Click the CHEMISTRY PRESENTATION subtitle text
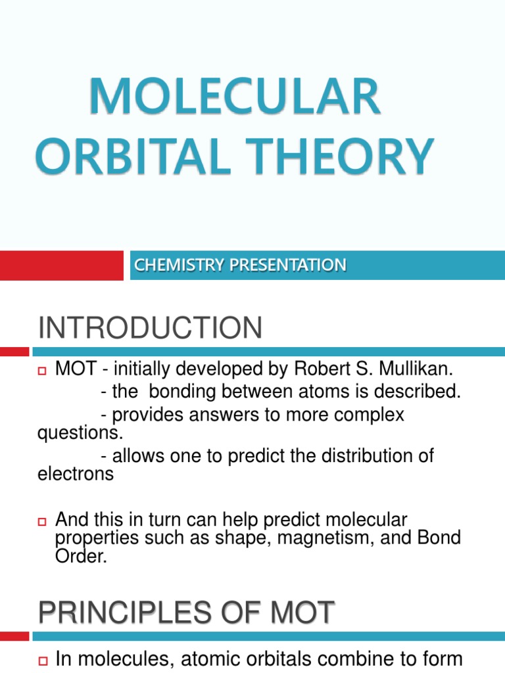point(240,265)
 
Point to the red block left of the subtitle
point(61,266)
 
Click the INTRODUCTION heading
point(150,328)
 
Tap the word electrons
point(76,474)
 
